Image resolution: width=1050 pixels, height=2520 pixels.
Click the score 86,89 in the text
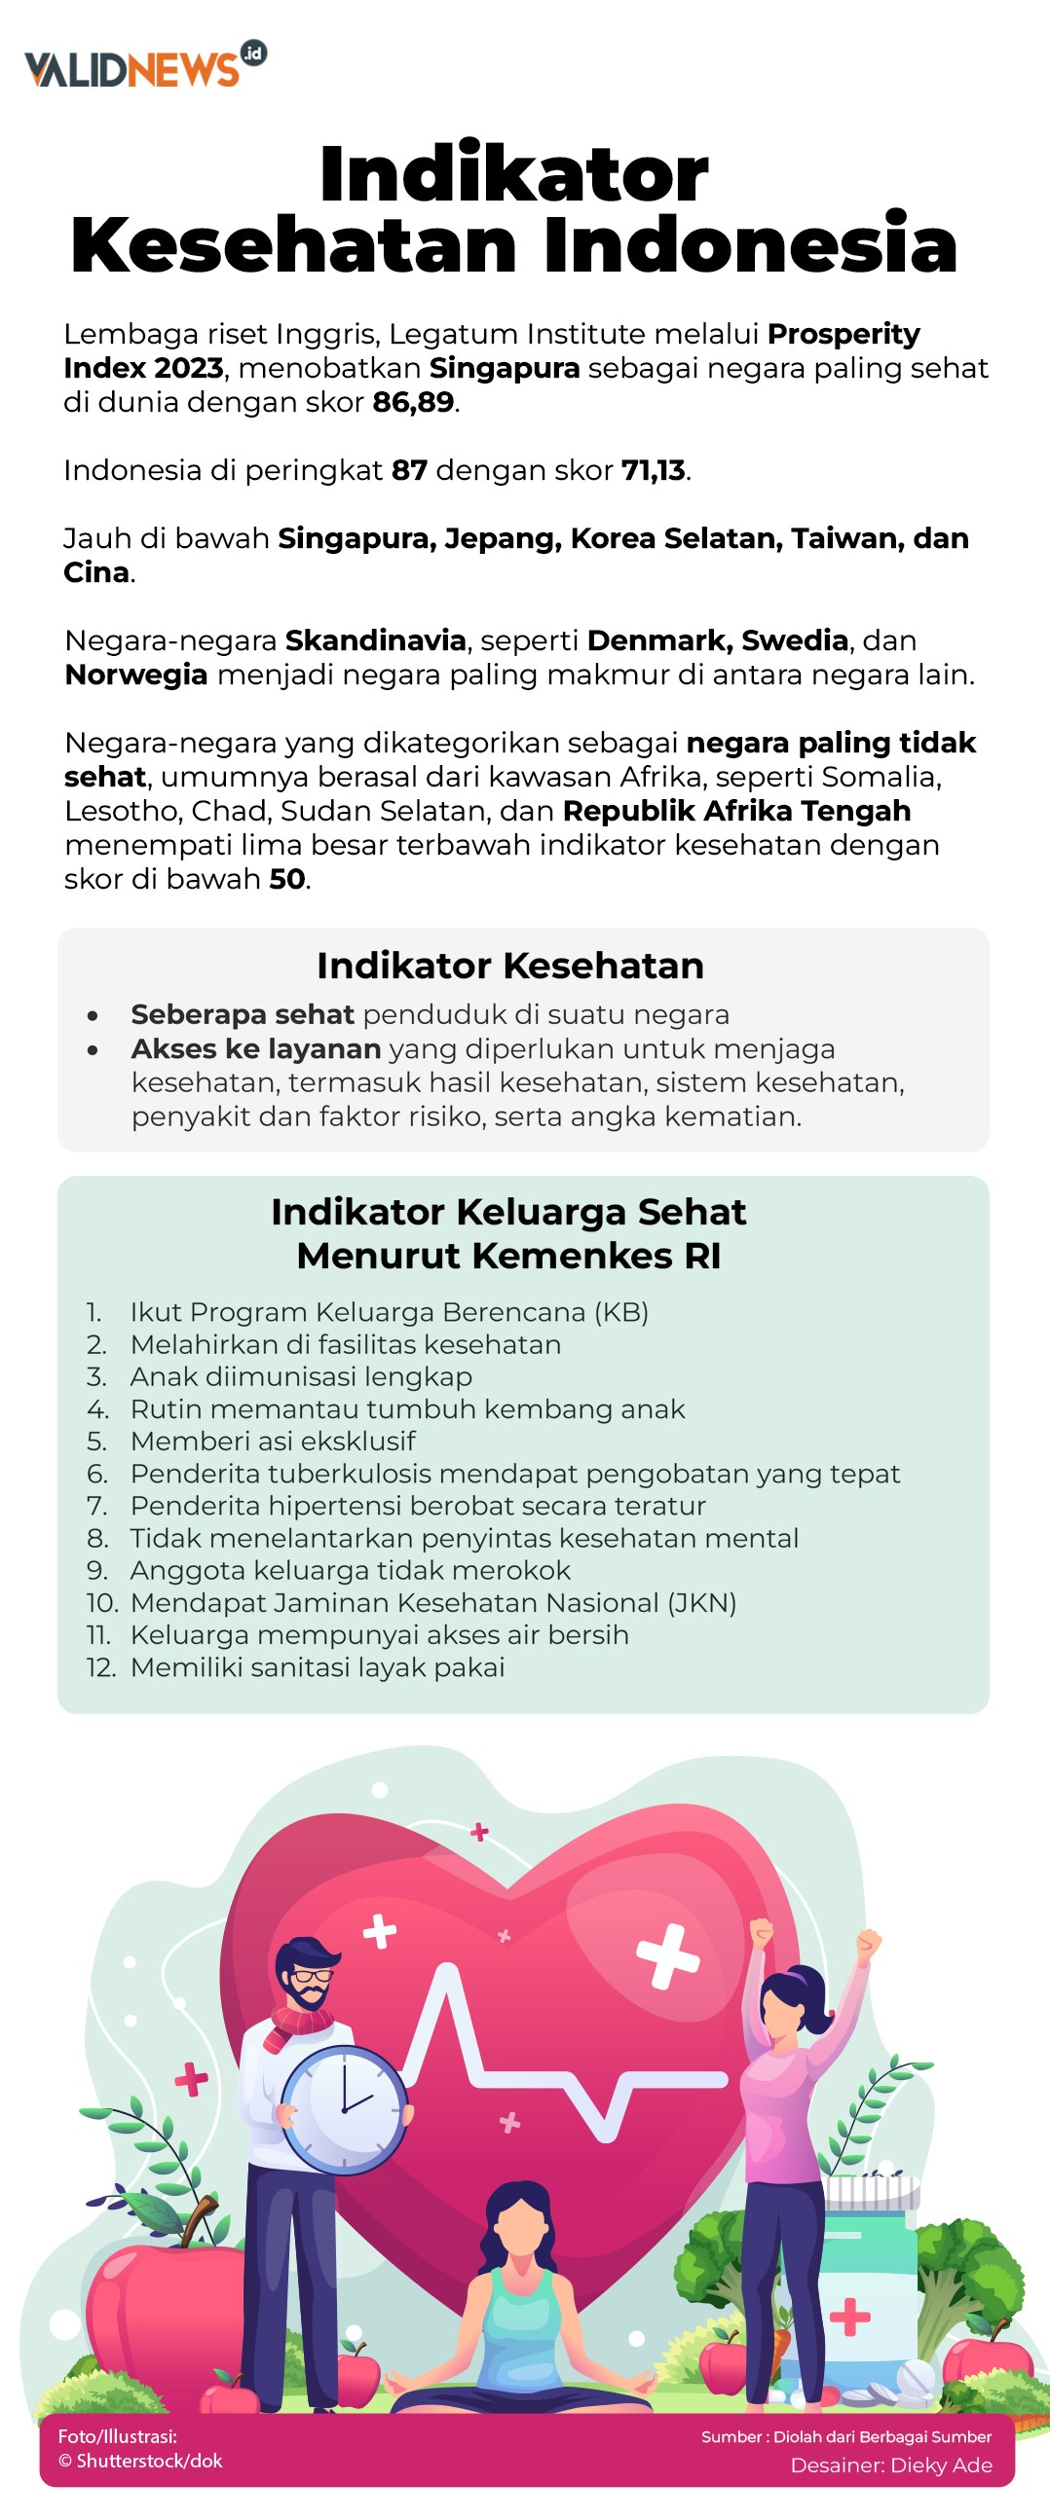[x=413, y=402]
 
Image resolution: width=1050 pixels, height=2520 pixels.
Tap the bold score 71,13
[x=654, y=470]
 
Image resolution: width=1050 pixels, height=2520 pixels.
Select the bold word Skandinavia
[x=376, y=640]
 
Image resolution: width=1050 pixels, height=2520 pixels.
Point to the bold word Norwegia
[x=136, y=675]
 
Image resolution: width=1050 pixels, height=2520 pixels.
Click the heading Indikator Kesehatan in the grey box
[x=509, y=966]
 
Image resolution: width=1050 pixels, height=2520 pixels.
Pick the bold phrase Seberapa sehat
[x=242, y=1014]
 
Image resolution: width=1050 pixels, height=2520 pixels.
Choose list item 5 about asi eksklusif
[x=272, y=1441]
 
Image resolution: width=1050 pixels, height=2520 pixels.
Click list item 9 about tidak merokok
[x=350, y=1570]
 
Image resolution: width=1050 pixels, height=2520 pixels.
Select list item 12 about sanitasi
[x=318, y=1667]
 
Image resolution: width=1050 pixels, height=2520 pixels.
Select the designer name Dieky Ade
[x=938, y=2466]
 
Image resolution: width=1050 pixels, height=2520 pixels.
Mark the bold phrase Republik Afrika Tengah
[x=736, y=811]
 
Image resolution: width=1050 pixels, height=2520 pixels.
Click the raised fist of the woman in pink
[x=867, y=1939]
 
